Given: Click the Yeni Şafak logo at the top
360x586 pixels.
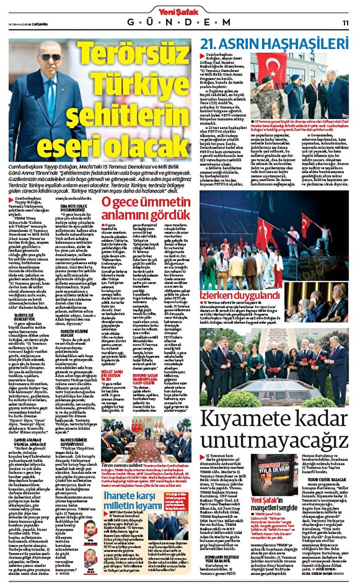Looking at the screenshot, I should (x=179, y=11).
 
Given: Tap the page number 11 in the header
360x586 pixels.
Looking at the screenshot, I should (x=345, y=23).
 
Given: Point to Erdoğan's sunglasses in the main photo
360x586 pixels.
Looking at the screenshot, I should (x=50, y=57).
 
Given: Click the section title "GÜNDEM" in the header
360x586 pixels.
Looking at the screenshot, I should (x=179, y=23).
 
